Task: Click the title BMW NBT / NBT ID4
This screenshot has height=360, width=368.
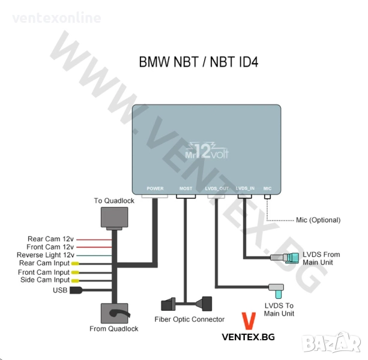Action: (x=199, y=62)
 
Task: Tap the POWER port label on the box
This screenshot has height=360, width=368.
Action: (x=155, y=188)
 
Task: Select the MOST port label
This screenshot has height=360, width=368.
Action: (x=186, y=188)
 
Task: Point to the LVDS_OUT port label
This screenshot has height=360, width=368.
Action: (x=217, y=188)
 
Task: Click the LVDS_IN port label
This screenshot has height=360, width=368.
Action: (x=245, y=188)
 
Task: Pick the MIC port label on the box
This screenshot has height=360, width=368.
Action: (x=268, y=188)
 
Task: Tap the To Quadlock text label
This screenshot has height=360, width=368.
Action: (x=114, y=200)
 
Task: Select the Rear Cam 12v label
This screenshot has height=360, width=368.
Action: (x=50, y=239)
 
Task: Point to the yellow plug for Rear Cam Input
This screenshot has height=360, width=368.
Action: (x=76, y=263)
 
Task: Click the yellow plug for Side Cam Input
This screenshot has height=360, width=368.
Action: (x=76, y=280)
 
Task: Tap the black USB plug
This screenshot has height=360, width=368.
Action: (x=76, y=290)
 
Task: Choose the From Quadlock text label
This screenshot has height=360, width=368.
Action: (x=114, y=328)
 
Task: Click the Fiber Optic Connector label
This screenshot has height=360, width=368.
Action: (x=190, y=319)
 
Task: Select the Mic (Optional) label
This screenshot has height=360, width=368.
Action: (x=318, y=220)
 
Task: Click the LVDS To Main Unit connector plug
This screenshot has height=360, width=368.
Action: (x=277, y=290)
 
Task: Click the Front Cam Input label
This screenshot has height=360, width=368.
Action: (x=44, y=272)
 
